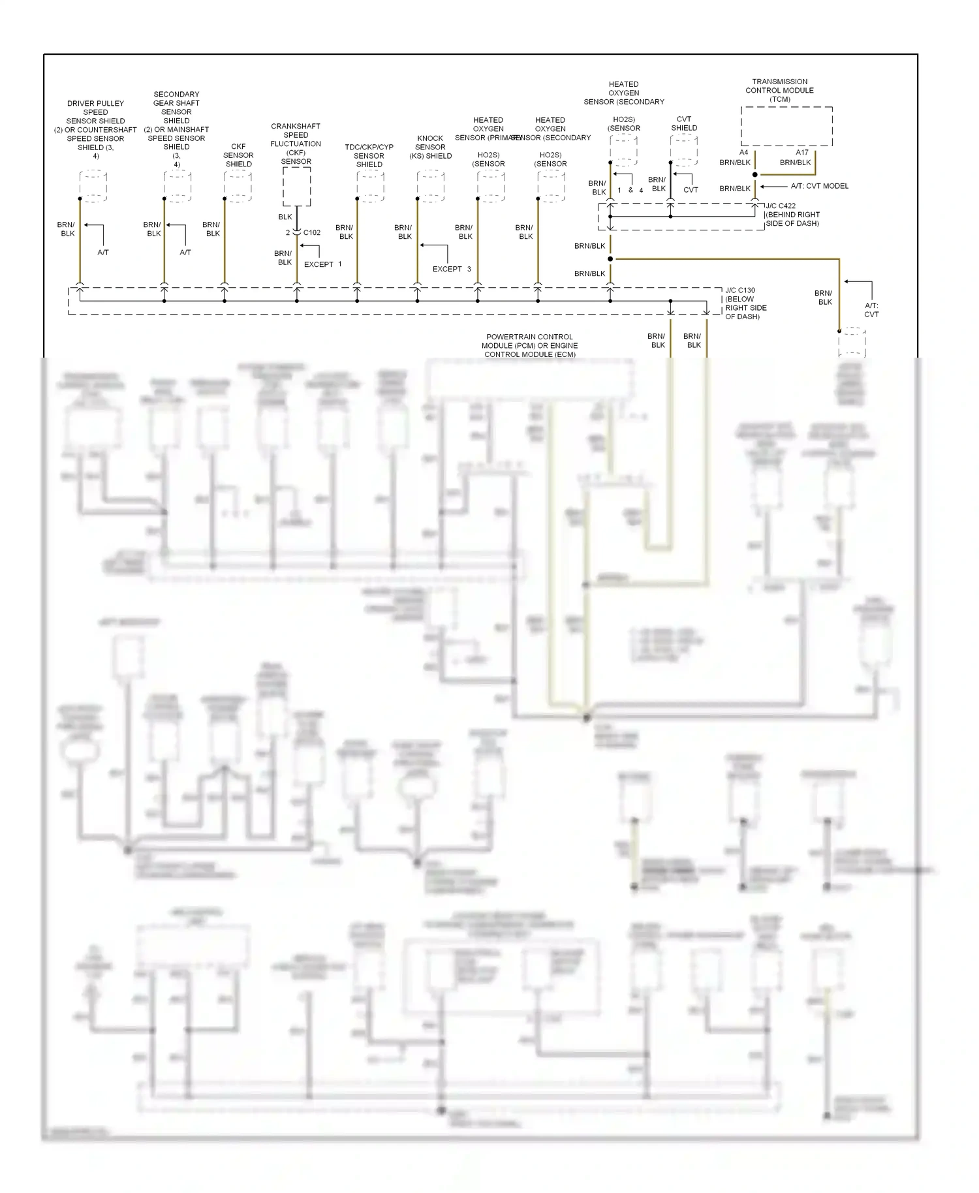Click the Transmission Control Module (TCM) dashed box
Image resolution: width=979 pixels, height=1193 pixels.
coord(786,126)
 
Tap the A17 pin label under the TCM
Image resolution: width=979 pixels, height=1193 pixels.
coord(802,153)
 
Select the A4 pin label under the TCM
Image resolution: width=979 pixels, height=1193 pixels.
coord(743,153)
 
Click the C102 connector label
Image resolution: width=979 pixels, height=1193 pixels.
coord(312,232)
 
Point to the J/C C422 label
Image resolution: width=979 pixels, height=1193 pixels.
coord(781,206)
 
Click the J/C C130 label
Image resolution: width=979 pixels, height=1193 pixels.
coord(740,290)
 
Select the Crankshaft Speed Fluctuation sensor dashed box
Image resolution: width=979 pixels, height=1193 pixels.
coord(296,187)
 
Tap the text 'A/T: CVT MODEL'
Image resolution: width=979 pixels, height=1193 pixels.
coord(820,186)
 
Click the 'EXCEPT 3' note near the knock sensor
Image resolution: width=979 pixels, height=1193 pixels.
coord(452,269)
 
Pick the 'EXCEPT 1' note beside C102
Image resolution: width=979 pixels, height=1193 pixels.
coord(322,264)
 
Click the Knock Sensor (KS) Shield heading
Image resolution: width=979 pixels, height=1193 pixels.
coord(430,147)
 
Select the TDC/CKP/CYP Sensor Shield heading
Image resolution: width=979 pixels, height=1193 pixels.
coord(369,155)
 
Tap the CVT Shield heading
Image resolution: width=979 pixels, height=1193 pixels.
coord(684,123)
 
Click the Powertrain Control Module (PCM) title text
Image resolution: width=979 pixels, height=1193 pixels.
coord(530,345)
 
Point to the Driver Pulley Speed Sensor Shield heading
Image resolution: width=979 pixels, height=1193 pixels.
coord(95,129)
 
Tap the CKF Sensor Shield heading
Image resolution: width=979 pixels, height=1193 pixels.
coord(238,155)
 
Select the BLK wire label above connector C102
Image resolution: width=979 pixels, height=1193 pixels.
coord(285,217)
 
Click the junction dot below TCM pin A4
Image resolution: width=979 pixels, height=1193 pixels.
coord(755,175)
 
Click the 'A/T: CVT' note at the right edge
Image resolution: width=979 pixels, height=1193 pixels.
coord(871,309)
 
